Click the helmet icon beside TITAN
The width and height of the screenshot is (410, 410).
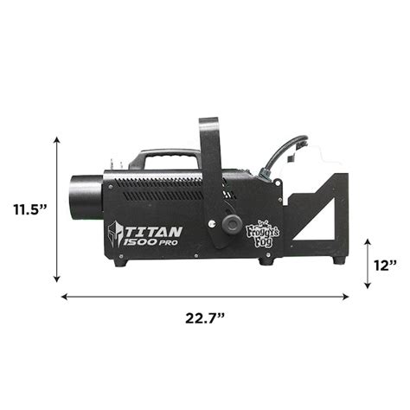pos(116,235)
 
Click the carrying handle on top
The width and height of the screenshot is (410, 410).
pos(164,157)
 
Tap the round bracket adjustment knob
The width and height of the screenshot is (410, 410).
pos(231,224)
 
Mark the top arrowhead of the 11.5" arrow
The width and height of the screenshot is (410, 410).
pos(57,139)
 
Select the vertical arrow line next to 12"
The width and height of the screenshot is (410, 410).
pos(368,264)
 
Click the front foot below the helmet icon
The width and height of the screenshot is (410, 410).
pos(119,261)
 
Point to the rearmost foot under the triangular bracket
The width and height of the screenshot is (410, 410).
pos(339,258)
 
